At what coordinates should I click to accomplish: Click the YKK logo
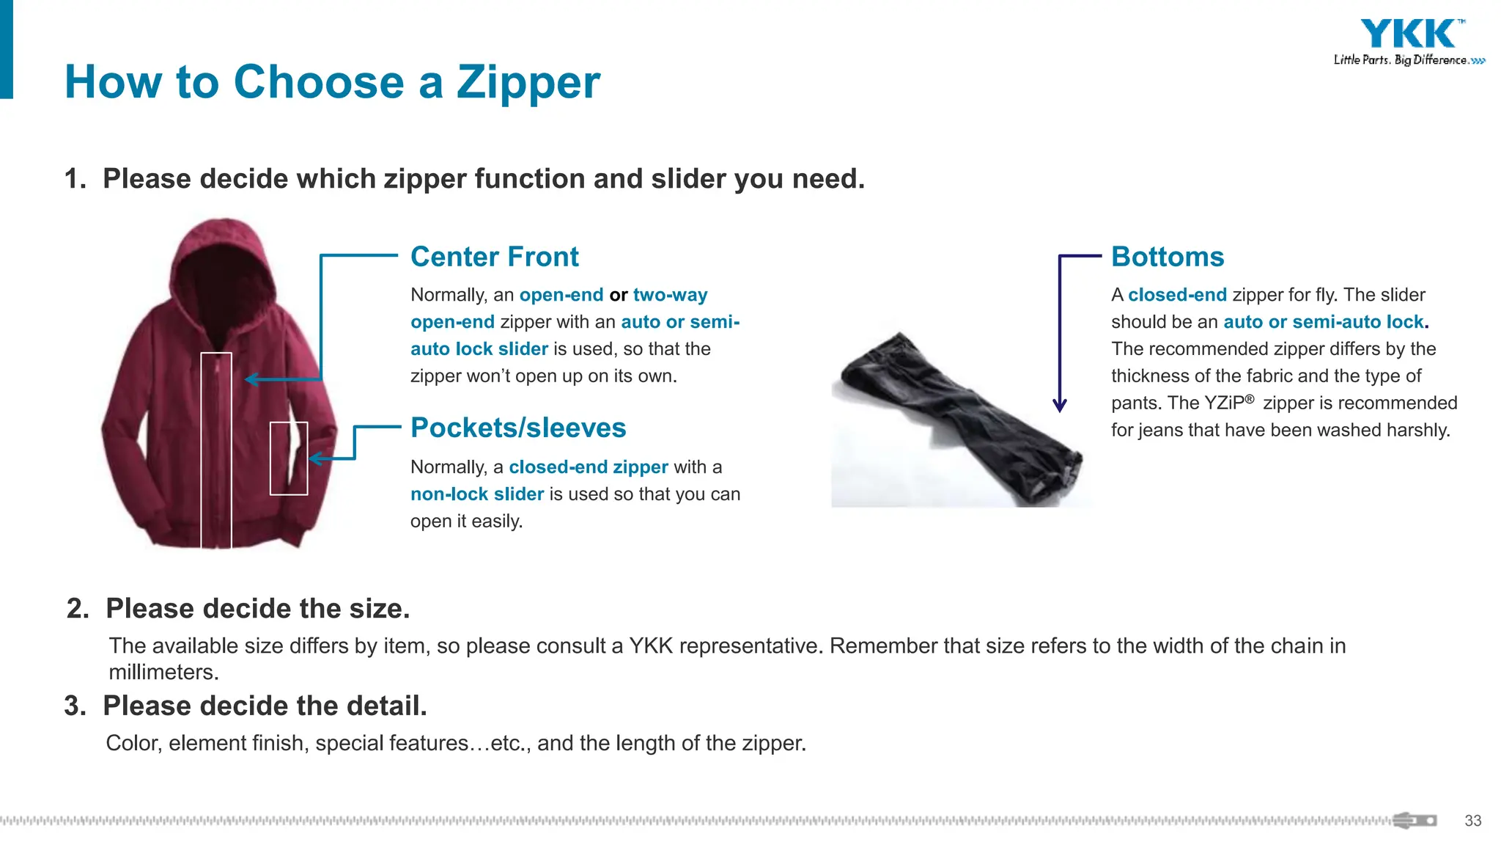(x=1408, y=34)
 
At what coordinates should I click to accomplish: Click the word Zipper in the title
(x=528, y=81)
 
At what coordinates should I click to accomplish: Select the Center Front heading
(x=494, y=257)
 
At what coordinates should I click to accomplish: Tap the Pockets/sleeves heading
(x=518, y=428)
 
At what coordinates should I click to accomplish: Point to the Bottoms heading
(x=1167, y=257)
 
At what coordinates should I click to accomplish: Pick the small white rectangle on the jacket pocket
(x=289, y=458)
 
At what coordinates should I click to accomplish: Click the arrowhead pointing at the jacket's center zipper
(x=251, y=379)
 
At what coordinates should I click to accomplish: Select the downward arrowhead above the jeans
(x=1059, y=405)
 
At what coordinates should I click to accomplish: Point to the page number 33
(x=1472, y=821)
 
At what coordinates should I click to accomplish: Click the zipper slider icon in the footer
(x=1414, y=820)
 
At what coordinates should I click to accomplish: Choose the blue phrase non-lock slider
(x=476, y=494)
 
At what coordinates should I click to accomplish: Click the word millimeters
(x=163, y=672)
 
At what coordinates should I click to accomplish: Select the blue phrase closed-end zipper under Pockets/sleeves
(x=588, y=467)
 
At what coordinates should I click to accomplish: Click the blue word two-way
(x=670, y=295)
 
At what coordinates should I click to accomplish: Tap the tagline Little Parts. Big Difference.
(x=1401, y=60)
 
